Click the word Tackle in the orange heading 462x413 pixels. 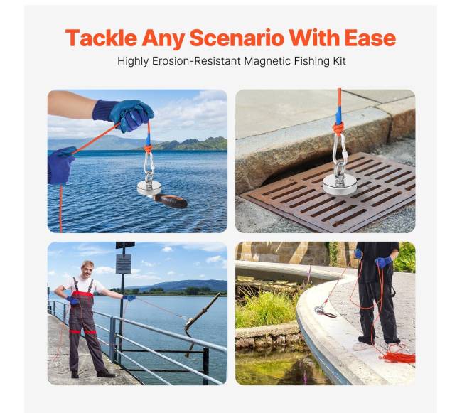[101, 38]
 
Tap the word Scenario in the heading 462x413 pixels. [237, 38]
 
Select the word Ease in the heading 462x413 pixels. [370, 38]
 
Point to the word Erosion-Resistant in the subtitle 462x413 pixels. [196, 61]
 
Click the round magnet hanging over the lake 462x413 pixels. [149, 188]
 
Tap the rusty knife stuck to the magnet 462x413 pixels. [171, 201]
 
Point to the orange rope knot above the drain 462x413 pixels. [339, 129]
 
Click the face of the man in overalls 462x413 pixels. [87, 269]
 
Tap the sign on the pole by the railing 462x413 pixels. [124, 264]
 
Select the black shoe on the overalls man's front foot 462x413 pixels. [105, 374]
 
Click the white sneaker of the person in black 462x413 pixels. [362, 346]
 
